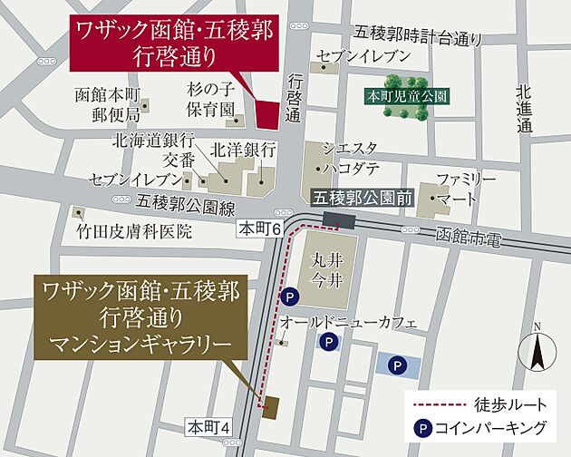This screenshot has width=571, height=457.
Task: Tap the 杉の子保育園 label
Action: click(x=214, y=104)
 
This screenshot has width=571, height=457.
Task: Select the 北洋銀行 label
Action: click(x=243, y=149)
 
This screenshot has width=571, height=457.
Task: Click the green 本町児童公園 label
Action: click(x=406, y=93)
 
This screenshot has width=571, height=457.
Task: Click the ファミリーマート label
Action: click(x=466, y=187)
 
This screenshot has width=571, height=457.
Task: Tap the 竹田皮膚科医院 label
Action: click(x=135, y=231)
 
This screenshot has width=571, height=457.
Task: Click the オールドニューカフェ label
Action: click(x=347, y=322)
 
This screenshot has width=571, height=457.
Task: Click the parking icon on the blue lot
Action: click(x=396, y=365)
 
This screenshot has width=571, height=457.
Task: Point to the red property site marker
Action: click(x=268, y=113)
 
